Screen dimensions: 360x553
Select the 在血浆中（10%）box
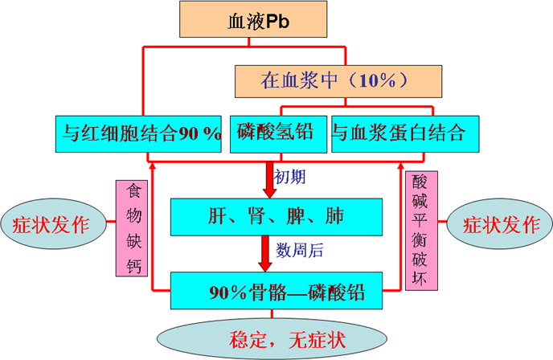coord(334,81)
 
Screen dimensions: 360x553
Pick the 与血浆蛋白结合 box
coord(398,133)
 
